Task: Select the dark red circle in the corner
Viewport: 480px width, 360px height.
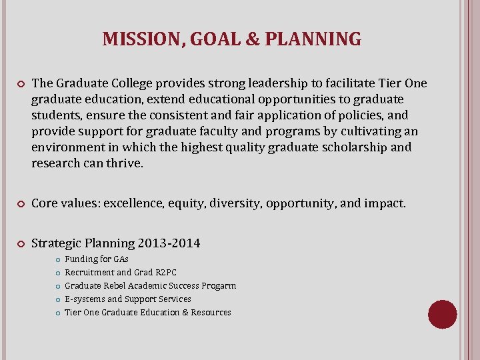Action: coord(442,314)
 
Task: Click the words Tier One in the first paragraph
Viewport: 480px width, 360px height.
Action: coord(402,83)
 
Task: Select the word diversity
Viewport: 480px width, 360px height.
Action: coord(234,203)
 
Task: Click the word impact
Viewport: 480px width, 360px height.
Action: coord(384,203)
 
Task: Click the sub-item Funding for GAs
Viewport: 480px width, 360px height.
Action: coord(96,259)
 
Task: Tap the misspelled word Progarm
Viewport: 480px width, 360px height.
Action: coord(218,285)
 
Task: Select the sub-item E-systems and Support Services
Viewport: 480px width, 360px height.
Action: coord(127,299)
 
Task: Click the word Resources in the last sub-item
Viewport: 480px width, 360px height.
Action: coord(211,312)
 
